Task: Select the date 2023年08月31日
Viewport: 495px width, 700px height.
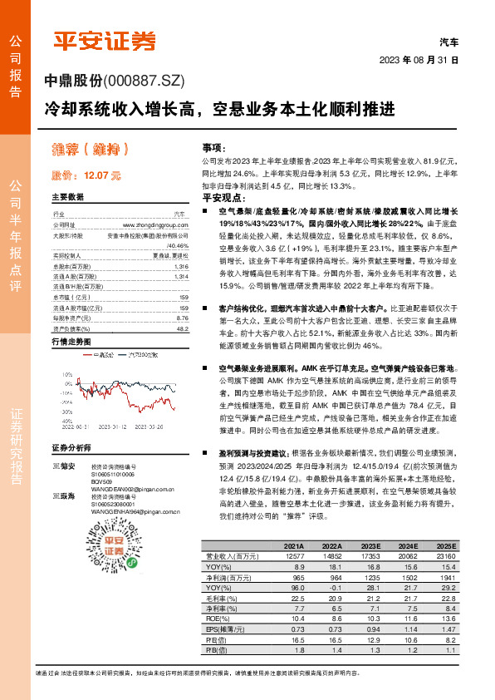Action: pos(419,61)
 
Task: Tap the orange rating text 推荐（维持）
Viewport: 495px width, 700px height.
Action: pos(88,150)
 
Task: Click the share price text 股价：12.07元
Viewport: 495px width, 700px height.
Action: pos(86,176)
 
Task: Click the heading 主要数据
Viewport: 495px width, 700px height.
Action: pos(68,198)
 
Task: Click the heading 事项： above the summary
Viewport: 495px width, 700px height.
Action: pos(214,145)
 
